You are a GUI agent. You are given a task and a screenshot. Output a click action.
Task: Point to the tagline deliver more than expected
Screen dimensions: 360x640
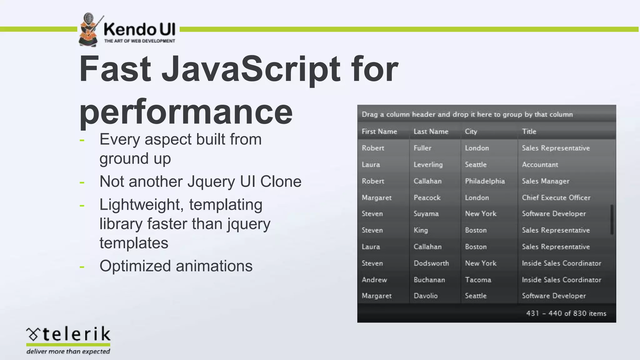click(68, 352)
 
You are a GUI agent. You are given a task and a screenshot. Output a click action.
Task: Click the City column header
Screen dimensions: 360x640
click(471, 132)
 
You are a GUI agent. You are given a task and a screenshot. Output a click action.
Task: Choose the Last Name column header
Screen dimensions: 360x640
click(431, 132)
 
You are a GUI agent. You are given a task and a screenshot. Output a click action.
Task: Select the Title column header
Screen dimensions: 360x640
click(529, 132)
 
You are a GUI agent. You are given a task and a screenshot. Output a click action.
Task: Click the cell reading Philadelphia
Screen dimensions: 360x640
click(485, 181)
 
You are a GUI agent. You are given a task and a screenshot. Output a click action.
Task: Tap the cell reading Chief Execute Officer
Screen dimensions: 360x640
click(556, 198)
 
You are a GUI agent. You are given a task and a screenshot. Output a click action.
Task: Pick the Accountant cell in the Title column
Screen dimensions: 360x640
click(540, 165)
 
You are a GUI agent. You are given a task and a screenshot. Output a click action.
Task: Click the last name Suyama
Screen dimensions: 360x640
click(426, 214)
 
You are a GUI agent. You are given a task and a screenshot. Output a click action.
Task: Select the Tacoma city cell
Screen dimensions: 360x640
click(478, 280)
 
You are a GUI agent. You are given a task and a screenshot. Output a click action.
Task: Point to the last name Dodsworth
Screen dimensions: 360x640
click(431, 263)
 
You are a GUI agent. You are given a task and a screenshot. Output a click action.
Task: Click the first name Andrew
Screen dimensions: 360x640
click(374, 280)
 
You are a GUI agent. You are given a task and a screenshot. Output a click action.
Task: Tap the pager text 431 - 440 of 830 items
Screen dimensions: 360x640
click(566, 313)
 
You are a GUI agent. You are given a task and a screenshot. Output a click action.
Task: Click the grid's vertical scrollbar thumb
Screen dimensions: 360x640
click(612, 219)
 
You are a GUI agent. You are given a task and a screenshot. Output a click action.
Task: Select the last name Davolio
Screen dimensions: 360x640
click(426, 296)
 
